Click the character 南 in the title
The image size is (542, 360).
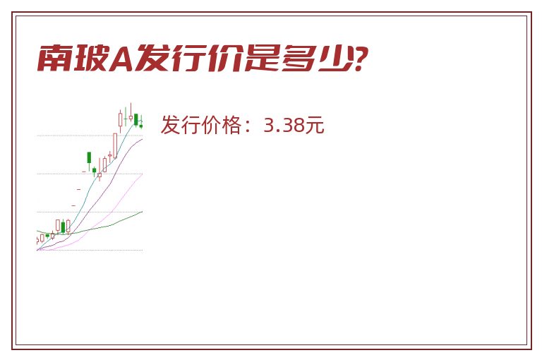[54, 58]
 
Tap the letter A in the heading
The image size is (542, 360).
[121, 59]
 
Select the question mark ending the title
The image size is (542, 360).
[359, 59]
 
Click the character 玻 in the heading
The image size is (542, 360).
[90, 58]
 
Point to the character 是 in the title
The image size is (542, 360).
[263, 58]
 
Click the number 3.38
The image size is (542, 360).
[284, 125]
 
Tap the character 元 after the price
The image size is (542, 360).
[315, 125]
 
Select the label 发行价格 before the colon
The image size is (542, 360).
[201, 125]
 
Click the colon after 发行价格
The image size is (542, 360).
[248, 126]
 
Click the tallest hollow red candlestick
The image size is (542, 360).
[115, 145]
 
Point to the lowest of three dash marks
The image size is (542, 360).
[73, 205]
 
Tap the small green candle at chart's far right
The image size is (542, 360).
[141, 126]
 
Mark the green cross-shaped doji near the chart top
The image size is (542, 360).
[126, 118]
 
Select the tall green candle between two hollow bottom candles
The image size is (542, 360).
[63, 227]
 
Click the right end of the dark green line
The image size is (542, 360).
[143, 212]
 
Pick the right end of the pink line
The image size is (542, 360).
[142, 174]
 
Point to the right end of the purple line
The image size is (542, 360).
[143, 139]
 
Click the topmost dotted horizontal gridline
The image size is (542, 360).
[90, 136]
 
